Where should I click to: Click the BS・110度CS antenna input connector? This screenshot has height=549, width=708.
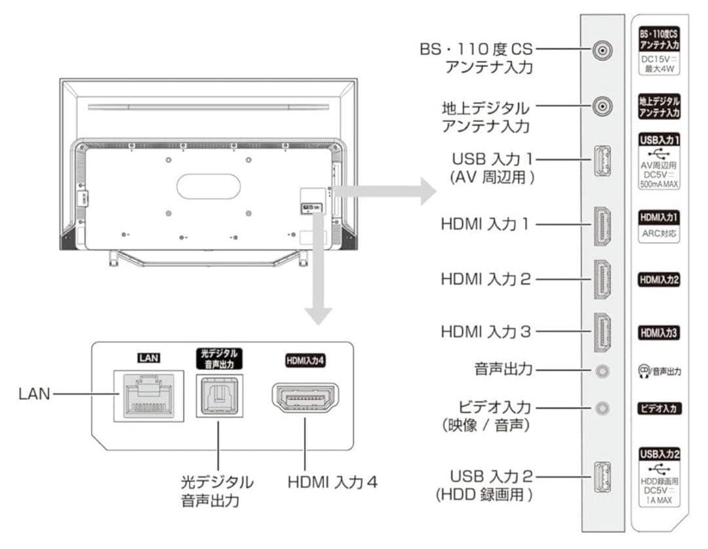[x=602, y=50]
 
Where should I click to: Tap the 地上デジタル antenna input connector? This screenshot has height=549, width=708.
[x=602, y=106]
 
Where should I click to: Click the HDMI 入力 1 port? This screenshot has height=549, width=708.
[x=602, y=225]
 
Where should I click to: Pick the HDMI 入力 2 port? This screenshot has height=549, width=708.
[x=602, y=279]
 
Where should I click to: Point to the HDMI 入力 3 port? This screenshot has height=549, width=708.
[x=602, y=332]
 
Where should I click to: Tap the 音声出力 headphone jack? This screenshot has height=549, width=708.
[x=602, y=371]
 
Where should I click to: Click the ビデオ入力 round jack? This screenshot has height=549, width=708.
[x=602, y=408]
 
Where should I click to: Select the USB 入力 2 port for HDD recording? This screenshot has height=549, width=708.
[x=602, y=477]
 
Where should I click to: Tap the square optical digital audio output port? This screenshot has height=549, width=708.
[x=218, y=396]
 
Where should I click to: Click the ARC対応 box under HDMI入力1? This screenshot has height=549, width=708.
[x=659, y=234]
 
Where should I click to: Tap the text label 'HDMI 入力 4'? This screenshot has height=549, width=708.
[x=332, y=482]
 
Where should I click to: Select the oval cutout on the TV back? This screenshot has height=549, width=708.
[x=208, y=186]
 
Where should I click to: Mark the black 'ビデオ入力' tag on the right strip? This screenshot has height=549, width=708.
[x=659, y=409]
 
